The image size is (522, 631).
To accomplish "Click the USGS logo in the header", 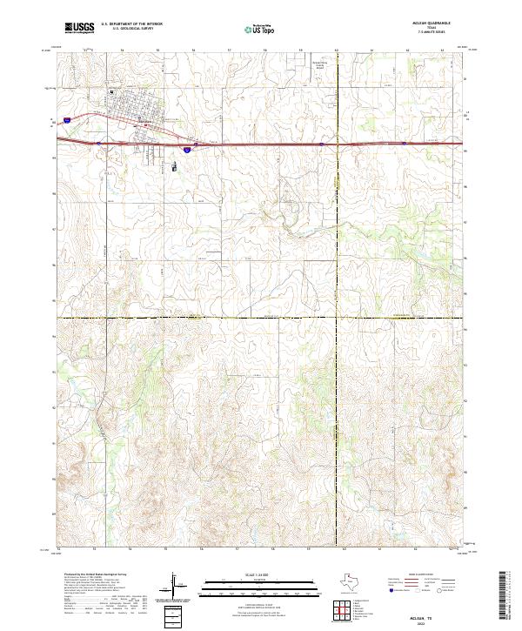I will [x=80, y=28].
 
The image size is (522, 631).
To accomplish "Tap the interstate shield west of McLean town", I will [x=67, y=113].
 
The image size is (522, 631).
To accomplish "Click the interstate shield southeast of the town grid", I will [x=184, y=150].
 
